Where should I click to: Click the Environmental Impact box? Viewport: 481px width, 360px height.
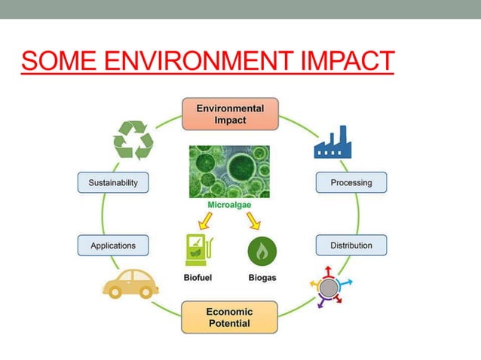click(230, 114)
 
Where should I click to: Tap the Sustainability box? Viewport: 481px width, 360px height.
click(113, 182)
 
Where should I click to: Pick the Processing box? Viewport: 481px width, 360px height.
click(351, 182)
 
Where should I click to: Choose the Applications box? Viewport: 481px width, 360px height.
click(113, 245)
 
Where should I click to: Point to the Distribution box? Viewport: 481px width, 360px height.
click(351, 245)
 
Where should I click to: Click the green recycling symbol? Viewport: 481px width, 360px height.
click(133, 139)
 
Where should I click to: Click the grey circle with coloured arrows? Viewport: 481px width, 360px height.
click(329, 287)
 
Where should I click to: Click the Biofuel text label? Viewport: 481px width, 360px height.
click(198, 277)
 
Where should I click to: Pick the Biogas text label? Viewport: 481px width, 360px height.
click(262, 277)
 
